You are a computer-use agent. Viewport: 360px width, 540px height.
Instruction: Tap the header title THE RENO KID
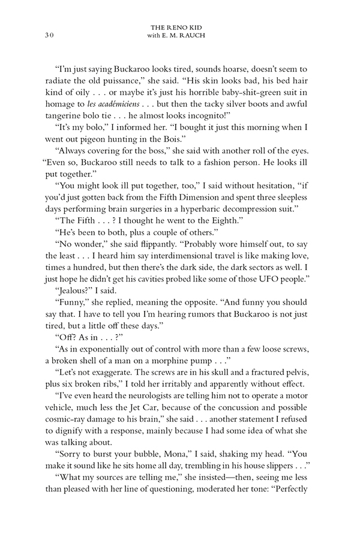180,28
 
